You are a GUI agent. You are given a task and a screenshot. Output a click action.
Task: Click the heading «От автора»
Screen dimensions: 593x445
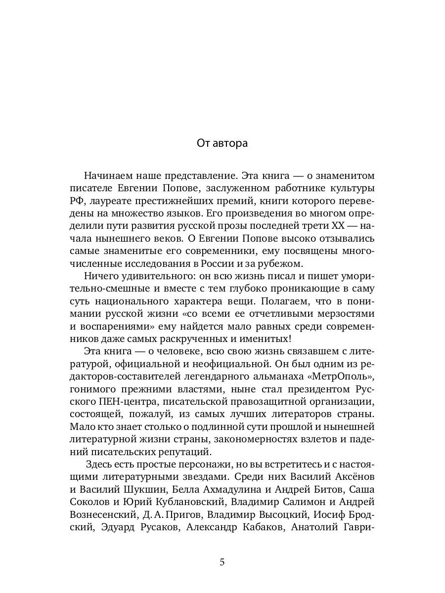222,143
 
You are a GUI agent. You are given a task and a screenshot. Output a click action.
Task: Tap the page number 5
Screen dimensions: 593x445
222,562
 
